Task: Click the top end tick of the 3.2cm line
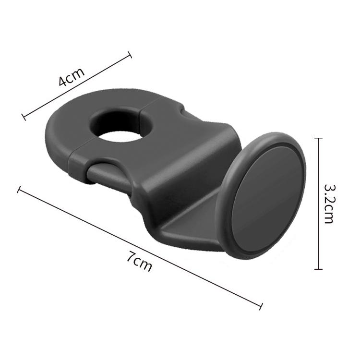pyautogui.click(x=318, y=138)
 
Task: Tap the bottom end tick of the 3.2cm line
pyautogui.click(x=318, y=269)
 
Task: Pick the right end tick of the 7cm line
pyautogui.click(x=261, y=306)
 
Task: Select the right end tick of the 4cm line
pyautogui.click(x=130, y=55)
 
